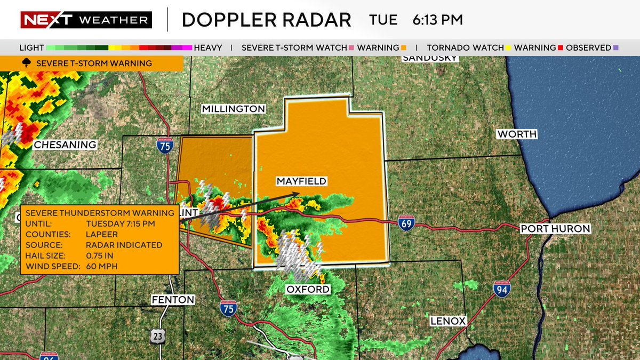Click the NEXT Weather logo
pyautogui.click(x=86, y=20)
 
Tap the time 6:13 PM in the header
pyautogui.click(x=437, y=20)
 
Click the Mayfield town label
pyautogui.click(x=301, y=181)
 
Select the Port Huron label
pyautogui.click(x=555, y=229)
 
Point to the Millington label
pyautogui.click(x=234, y=109)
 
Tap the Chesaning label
pyautogui.click(x=65, y=145)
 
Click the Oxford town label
pyautogui.click(x=308, y=289)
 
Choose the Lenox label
pyautogui.click(x=449, y=321)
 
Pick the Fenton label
pyautogui.click(x=173, y=300)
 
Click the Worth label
pyautogui.click(x=517, y=134)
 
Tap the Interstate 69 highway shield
pyautogui.click(x=406, y=223)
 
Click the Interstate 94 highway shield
pyautogui.click(x=501, y=289)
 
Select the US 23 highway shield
pyautogui.click(x=157, y=335)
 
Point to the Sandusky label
pyautogui.click(x=430, y=57)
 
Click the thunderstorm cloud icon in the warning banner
pyautogui.click(x=26, y=63)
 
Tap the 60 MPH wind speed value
pyautogui.click(x=102, y=266)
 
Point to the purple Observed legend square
pyautogui.click(x=616, y=48)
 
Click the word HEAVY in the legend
pyautogui.click(x=208, y=48)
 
